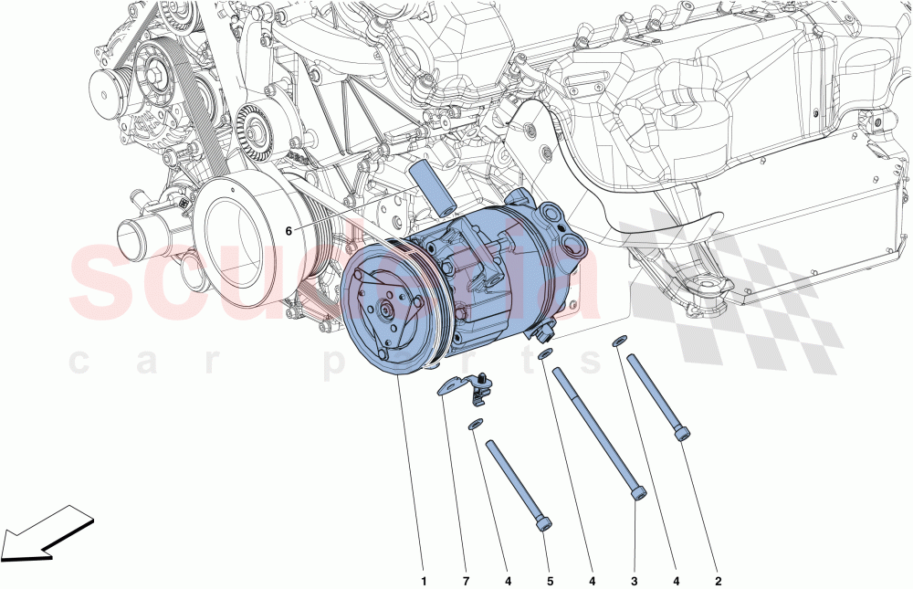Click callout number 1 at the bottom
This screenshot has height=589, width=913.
pos(423,578)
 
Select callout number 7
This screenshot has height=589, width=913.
pos(465,578)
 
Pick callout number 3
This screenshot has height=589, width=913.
pos(635,578)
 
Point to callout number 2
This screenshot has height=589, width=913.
pos(719,578)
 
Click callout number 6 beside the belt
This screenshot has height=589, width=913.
pos(289,231)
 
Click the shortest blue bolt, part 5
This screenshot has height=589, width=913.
pos(519,484)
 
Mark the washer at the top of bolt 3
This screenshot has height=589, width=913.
pos(545,353)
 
